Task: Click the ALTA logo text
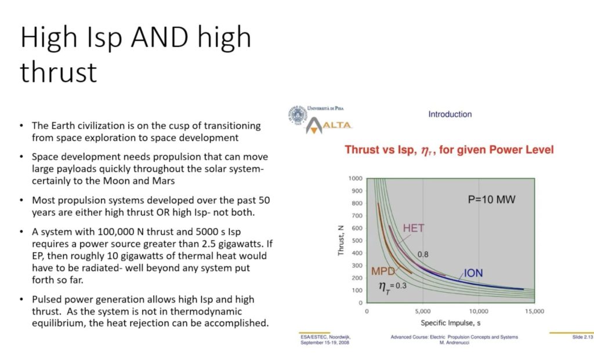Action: (337, 125)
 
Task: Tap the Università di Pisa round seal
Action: (298, 115)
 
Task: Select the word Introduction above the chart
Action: (450, 114)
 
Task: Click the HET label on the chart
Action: (414, 228)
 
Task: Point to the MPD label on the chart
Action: (383, 271)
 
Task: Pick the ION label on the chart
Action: (473, 273)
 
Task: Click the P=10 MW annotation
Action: (491, 199)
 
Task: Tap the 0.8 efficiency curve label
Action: (423, 254)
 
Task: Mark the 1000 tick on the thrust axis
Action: (356, 179)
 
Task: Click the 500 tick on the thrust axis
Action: (357, 241)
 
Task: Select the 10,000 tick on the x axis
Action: (479, 311)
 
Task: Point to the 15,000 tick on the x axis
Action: (534, 311)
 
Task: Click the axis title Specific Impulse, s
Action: (450, 323)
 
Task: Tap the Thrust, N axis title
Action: (341, 241)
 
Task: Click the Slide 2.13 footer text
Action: (582, 337)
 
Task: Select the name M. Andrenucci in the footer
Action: (454, 343)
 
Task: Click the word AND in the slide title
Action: (160, 38)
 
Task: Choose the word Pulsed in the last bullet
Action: (45, 300)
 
